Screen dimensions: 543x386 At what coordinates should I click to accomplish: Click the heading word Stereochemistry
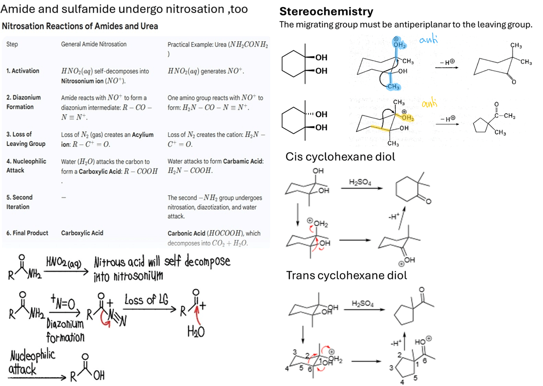326,11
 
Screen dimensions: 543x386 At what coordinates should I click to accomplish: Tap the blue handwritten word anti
428,39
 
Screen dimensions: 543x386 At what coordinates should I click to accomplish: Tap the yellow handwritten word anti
430,103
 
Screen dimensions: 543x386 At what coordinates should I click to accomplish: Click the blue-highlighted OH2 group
399,43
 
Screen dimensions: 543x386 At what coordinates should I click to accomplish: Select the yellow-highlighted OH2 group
408,117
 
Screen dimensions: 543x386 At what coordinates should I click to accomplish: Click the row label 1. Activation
23,71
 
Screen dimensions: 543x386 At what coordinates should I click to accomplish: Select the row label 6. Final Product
27,233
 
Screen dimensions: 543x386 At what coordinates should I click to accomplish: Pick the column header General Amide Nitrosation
94,44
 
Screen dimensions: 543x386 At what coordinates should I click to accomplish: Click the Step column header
12,45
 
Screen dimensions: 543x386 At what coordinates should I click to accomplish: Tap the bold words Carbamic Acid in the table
243,162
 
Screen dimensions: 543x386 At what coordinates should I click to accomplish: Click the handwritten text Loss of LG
146,300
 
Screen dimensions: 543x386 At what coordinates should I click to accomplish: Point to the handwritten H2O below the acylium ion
196,331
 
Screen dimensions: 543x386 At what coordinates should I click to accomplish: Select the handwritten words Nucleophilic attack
32,363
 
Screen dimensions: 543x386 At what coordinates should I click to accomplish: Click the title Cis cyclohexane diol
340,157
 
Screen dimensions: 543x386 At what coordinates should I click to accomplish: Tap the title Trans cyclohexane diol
347,275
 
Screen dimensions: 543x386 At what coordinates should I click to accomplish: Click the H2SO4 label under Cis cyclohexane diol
360,182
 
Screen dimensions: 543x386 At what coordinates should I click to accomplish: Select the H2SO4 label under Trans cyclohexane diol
363,303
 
